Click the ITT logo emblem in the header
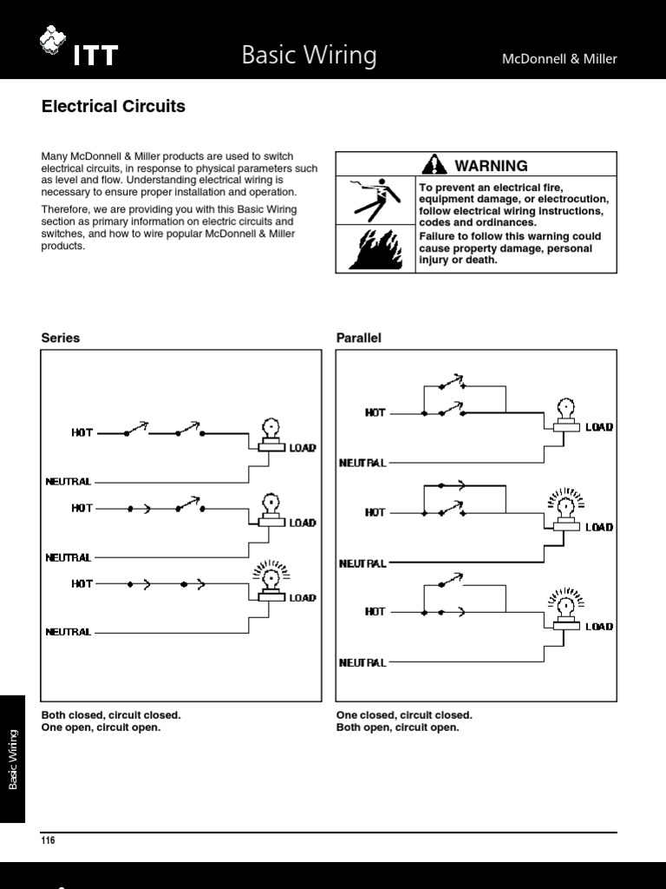click(54, 41)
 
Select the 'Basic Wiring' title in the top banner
click(309, 56)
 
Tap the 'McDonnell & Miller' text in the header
click(559, 59)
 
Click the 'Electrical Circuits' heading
click(114, 107)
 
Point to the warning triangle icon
click(434, 165)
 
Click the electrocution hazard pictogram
click(375, 200)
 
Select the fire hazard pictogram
click(375, 249)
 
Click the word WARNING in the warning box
click(491, 166)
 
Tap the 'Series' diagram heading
click(61, 338)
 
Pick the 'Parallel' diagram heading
click(359, 338)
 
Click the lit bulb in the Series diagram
click(271, 576)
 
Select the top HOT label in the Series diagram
click(82, 431)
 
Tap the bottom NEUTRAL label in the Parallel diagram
click(362, 662)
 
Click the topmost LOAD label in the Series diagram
click(303, 448)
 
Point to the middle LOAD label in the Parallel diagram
click(599, 527)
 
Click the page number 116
click(48, 840)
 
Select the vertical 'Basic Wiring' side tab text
click(13, 760)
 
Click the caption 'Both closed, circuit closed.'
click(111, 714)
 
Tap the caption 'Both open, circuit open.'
click(398, 728)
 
